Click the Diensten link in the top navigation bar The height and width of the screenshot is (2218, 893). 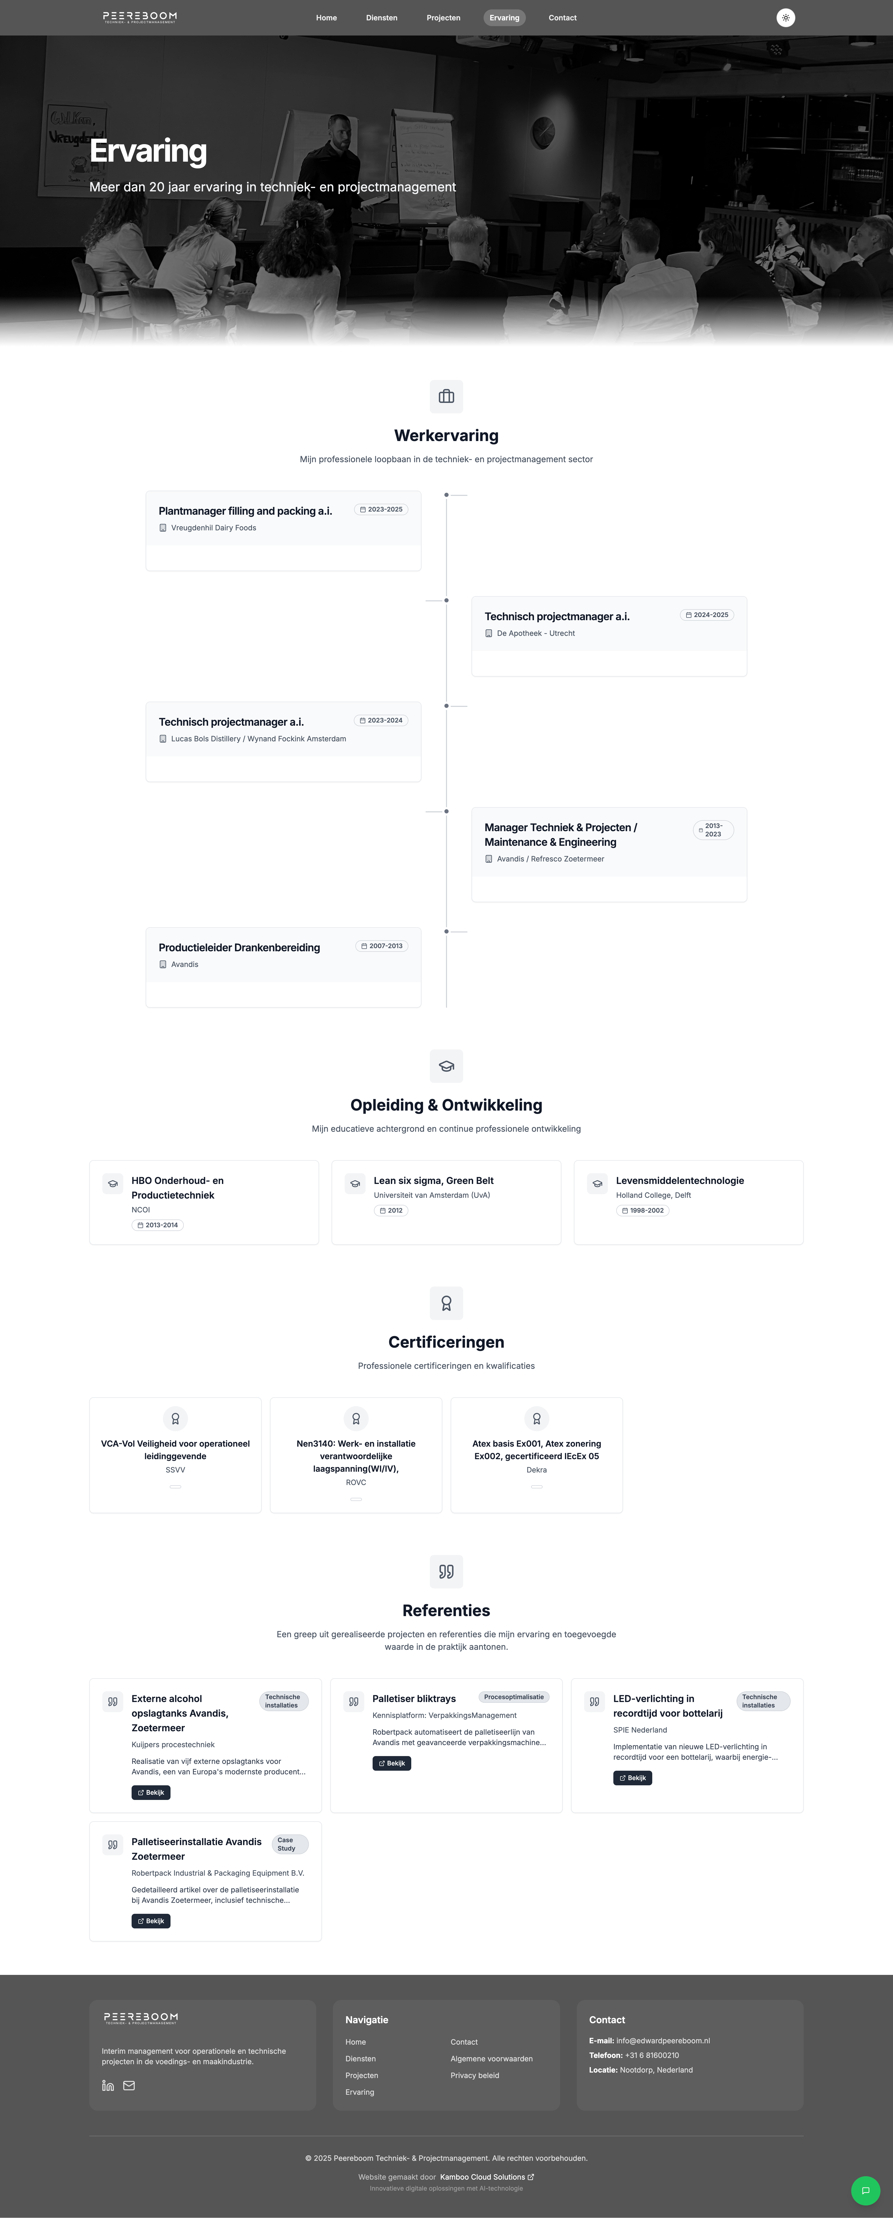pos(381,18)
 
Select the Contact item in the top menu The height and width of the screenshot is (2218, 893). pos(562,18)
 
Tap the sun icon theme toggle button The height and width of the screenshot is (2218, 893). pos(785,18)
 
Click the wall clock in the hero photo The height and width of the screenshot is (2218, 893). pos(544,132)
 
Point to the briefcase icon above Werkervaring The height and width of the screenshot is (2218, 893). pos(446,397)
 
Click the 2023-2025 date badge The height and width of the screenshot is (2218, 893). pos(381,510)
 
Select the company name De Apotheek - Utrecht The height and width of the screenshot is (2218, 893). pos(536,634)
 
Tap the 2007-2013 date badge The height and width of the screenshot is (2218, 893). pos(381,946)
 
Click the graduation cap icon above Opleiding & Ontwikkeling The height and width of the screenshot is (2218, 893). pos(446,1066)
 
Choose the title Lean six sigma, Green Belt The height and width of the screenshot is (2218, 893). pos(433,1181)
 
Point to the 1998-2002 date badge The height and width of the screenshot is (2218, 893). pos(643,1211)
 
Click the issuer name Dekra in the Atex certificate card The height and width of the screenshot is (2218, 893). pos(537,1470)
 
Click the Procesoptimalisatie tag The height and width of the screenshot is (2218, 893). pos(513,1697)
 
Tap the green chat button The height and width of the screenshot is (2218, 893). pos(865,2190)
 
